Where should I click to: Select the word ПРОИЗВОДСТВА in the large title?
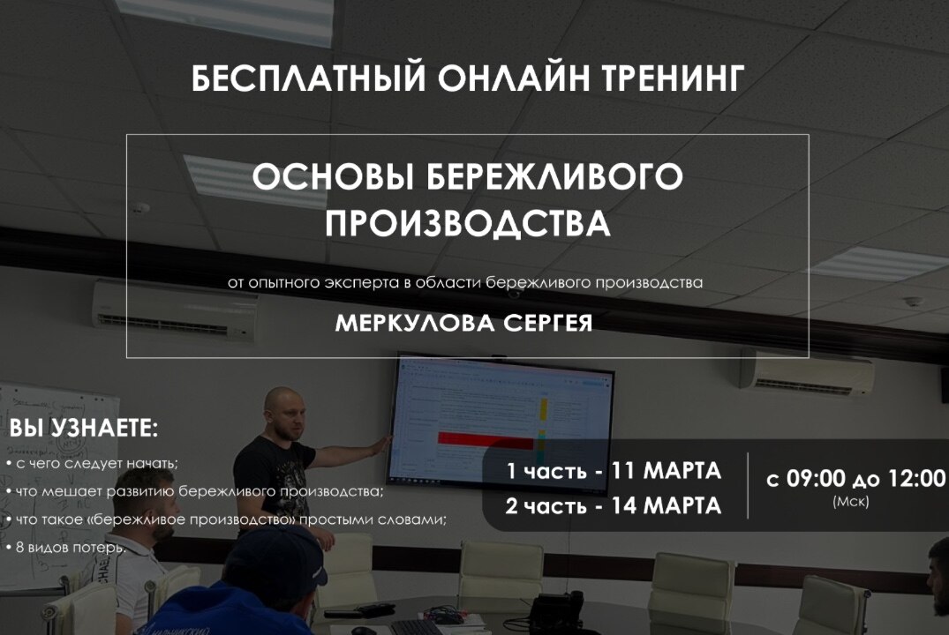click(467, 223)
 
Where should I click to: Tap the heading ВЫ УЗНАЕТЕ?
click(84, 430)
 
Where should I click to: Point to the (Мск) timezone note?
click(850, 502)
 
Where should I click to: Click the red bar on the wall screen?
click(484, 440)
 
